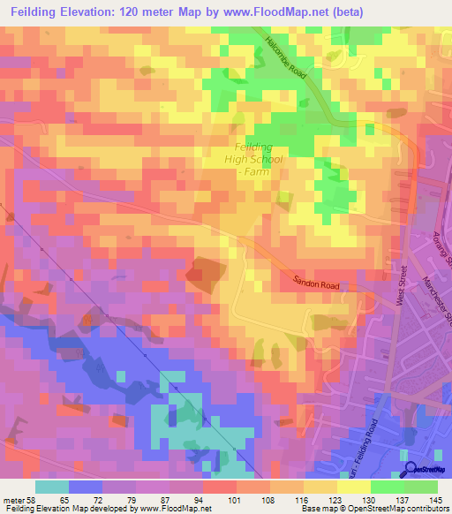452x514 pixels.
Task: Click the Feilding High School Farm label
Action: coord(253,160)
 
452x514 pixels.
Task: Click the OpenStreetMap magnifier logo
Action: coord(412,468)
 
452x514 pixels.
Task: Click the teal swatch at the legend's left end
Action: coord(52,487)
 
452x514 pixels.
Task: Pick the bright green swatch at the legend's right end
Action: coord(421,487)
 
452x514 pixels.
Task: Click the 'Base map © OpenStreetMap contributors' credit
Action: coord(375,510)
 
